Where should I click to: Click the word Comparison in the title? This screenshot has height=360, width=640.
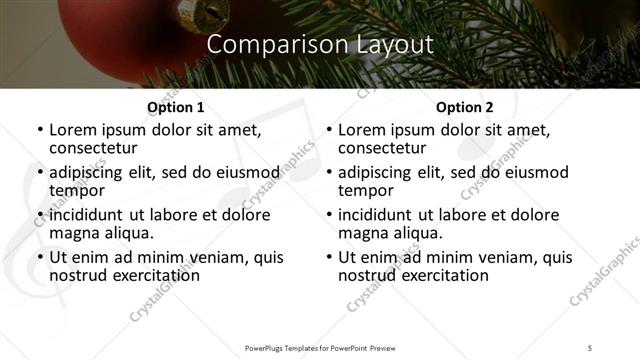click(x=268, y=45)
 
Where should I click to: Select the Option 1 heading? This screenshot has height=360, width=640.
click(x=176, y=107)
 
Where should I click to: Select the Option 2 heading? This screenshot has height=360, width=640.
click(x=465, y=107)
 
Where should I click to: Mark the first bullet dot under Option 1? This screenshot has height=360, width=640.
click(x=40, y=130)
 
